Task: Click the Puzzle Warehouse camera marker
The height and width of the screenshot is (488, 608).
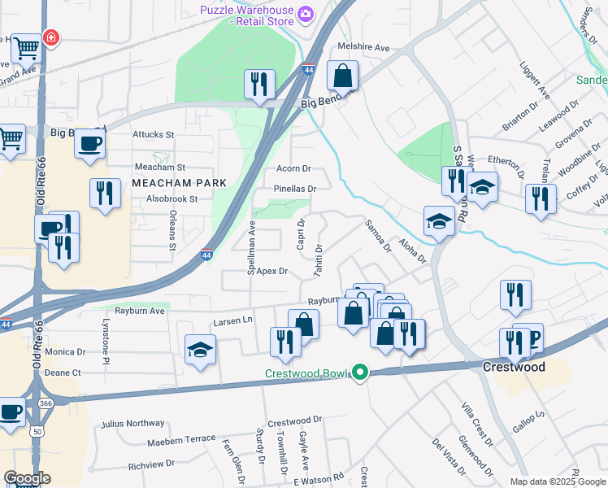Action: click(306, 14)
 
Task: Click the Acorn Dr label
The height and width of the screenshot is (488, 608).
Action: click(294, 168)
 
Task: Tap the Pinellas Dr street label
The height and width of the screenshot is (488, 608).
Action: click(294, 188)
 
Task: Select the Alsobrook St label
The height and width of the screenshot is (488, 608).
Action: click(167, 198)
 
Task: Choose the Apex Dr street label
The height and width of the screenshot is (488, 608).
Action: click(271, 271)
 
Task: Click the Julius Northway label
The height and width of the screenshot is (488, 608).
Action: click(132, 424)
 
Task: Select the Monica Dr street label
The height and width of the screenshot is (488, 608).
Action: click(65, 351)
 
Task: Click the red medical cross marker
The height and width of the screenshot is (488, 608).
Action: click(50, 37)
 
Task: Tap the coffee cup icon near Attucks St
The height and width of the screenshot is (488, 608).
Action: click(89, 142)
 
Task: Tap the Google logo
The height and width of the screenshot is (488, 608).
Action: click(27, 478)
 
